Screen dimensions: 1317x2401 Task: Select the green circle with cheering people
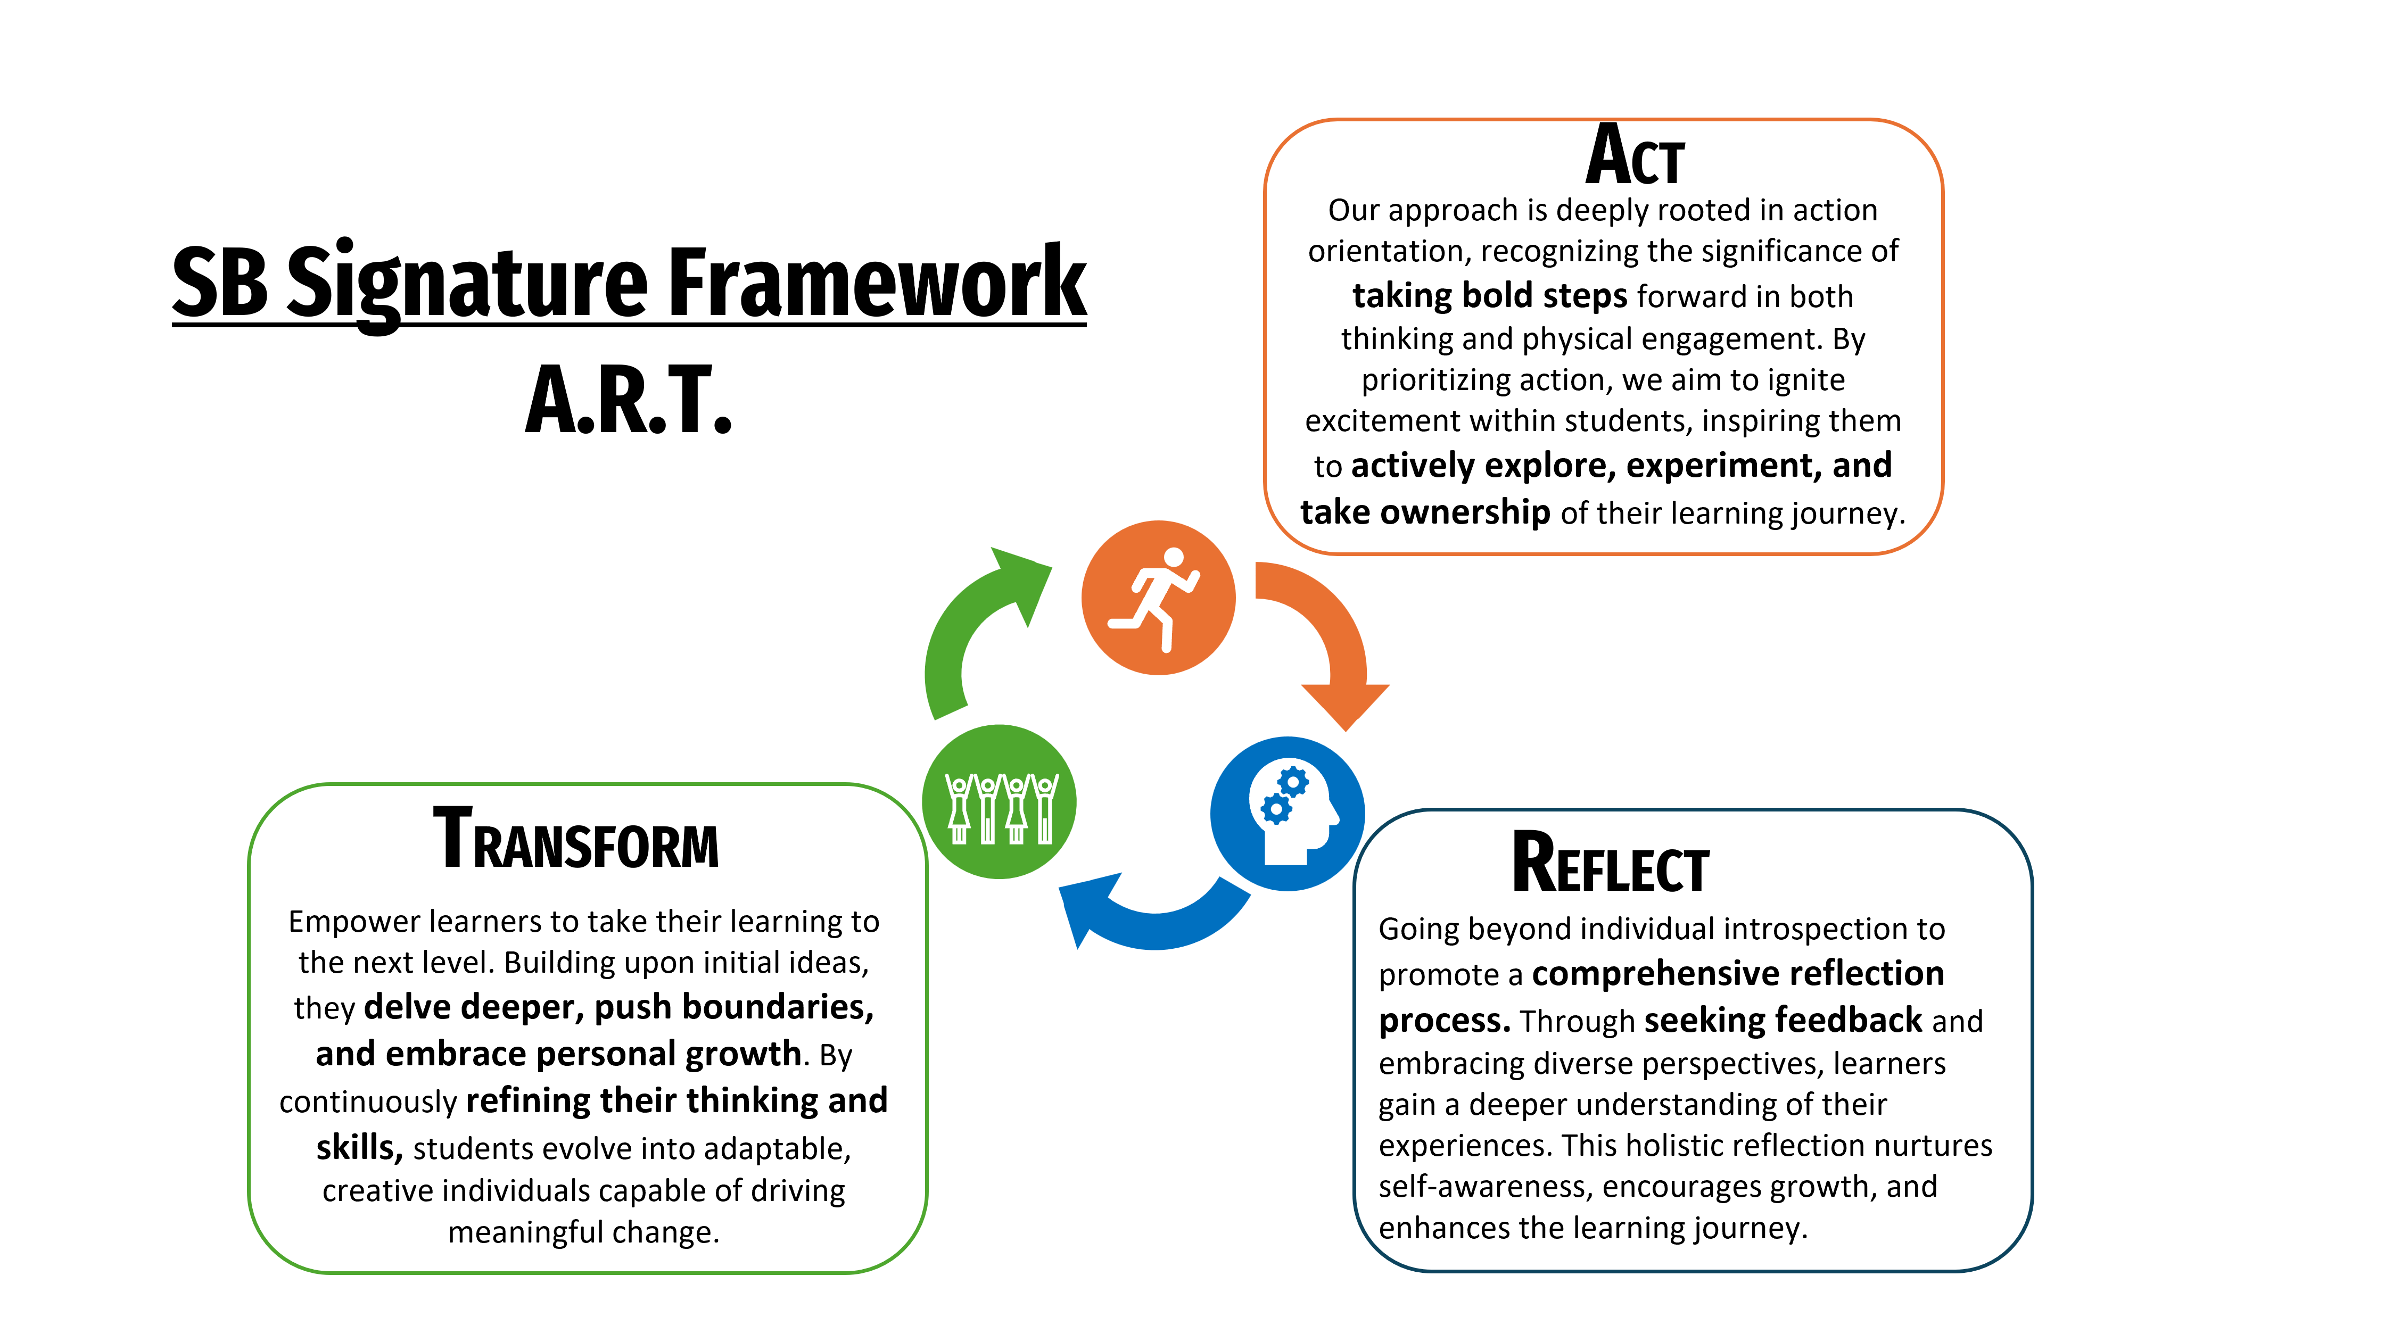pyautogui.click(x=999, y=801)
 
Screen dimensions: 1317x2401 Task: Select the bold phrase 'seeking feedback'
pyautogui.click(x=1782, y=1020)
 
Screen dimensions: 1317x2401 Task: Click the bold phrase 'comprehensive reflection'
pyautogui.click(x=1737, y=973)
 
